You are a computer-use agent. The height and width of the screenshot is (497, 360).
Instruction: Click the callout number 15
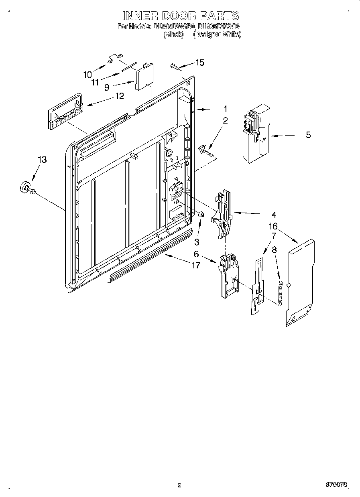coord(199,62)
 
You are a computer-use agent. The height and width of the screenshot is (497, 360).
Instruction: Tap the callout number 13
coord(42,160)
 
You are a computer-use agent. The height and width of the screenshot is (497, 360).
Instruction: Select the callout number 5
coord(308,135)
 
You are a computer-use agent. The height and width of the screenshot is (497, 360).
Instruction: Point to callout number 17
coord(196,265)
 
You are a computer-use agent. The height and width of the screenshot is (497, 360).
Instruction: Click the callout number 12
coord(119,96)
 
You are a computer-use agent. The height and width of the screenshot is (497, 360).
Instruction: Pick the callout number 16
coord(273,227)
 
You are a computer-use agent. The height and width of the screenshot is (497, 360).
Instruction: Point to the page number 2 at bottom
coord(179,485)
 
